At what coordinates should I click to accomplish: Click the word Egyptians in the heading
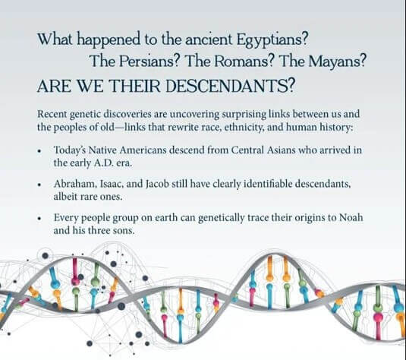coord(272,40)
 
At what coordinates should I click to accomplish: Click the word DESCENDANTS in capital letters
coord(230,87)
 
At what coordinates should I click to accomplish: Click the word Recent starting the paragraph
coord(52,114)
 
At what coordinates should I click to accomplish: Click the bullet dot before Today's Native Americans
coord(39,151)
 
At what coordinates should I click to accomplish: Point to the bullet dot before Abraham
coord(39,185)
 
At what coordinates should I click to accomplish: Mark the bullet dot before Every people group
coord(39,219)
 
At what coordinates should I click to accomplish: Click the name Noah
coord(351,217)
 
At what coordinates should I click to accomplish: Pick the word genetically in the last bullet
coord(222,218)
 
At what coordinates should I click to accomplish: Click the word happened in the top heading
coord(109,40)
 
